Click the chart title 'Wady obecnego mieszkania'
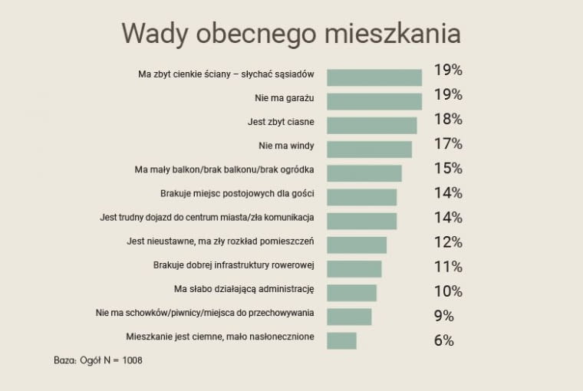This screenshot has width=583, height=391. (291, 34)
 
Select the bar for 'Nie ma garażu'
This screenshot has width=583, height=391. (374, 101)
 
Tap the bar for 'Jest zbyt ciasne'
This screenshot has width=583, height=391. (372, 125)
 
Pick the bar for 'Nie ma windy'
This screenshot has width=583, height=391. (369, 149)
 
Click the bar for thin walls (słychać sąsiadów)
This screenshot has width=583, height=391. (374, 77)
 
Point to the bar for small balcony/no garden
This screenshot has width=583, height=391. (364, 173)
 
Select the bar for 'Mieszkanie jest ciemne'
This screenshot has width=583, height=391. (341, 340)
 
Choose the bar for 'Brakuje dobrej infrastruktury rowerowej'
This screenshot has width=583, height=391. (354, 268)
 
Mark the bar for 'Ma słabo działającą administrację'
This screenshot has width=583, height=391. (351, 293)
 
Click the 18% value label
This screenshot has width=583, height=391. (448, 119)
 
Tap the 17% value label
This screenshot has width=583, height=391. (448, 143)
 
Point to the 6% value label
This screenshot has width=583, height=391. (444, 340)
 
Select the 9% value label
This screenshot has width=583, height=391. (444, 316)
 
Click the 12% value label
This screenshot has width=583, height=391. (448, 242)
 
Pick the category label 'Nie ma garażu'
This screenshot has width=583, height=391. (284, 98)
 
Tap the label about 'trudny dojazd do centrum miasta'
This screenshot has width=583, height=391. (207, 218)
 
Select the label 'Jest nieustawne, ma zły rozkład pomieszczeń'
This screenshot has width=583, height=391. (220, 242)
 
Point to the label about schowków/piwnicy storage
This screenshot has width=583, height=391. (205, 313)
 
